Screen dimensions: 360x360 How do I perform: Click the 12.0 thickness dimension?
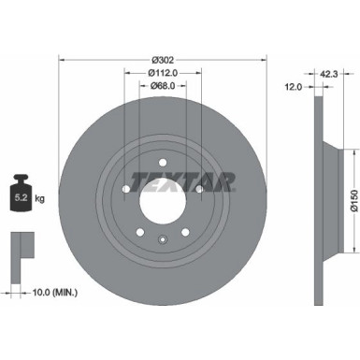294,88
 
